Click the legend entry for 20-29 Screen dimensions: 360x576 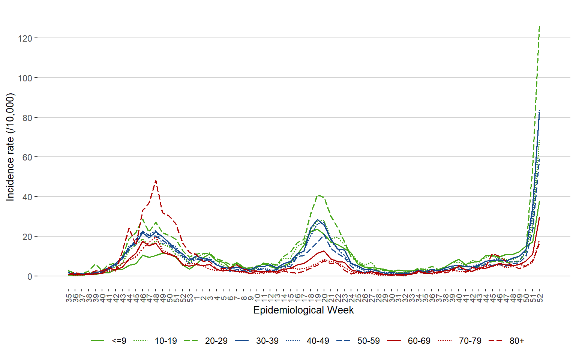[216, 341]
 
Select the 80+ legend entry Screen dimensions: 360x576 [517, 341]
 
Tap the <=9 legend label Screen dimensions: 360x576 [119, 341]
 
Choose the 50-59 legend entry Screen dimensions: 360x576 [368, 341]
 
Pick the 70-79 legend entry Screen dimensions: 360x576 [470, 341]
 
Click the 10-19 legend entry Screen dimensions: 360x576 [166, 341]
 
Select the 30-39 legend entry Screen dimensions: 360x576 [267, 341]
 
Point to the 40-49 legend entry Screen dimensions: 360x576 [318, 341]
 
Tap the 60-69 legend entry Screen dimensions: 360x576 [419, 341]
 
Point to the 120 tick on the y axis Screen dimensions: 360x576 [25, 38]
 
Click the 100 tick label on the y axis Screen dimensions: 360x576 [25, 78]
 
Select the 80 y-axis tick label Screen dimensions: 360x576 [27, 118]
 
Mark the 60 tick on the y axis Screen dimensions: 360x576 [27, 157]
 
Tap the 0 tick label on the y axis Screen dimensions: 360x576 [30, 276]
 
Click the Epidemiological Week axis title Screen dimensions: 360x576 [303, 310]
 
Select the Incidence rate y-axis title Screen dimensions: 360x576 [10, 147]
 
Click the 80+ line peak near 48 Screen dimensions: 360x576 [156, 181]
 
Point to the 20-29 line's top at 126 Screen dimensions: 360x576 [539, 26]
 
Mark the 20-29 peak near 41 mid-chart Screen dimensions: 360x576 [318, 195]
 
